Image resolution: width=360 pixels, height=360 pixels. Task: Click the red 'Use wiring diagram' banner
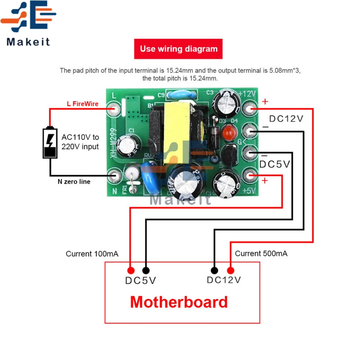click(x=178, y=49)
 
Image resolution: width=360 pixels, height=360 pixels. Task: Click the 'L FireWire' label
click(x=82, y=104)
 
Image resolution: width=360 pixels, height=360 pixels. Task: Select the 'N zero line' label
click(x=74, y=182)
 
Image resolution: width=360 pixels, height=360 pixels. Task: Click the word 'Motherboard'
click(x=179, y=301)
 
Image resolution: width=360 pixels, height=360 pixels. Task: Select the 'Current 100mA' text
click(x=92, y=254)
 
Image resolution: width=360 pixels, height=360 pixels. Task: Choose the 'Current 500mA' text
click(x=261, y=254)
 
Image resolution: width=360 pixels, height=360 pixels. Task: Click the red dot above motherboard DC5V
click(x=130, y=270)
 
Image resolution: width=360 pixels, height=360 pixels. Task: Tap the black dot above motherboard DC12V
click(x=215, y=270)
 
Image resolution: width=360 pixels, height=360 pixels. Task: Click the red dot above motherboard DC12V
click(x=231, y=270)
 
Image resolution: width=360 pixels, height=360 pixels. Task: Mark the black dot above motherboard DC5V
click(x=146, y=270)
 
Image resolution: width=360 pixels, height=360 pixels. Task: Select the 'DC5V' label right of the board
click(x=274, y=165)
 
